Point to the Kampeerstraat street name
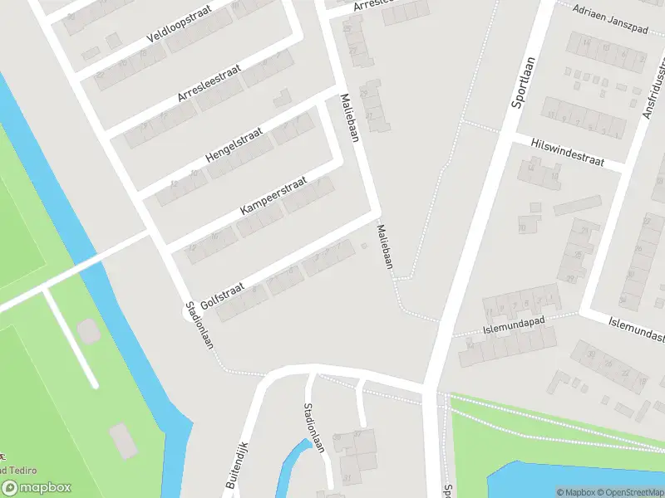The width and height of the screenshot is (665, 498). (x=273, y=197)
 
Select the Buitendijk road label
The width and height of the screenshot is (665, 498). (x=237, y=464)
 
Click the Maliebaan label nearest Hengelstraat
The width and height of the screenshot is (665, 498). (x=348, y=117)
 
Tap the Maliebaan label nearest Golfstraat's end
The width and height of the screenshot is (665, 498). (x=383, y=247)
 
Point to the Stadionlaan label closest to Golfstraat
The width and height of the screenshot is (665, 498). (x=199, y=329)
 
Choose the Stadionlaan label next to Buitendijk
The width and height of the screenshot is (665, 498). (x=314, y=427)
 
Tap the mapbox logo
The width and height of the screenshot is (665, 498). (x=37, y=488)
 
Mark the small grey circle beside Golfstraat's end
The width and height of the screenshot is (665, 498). (x=364, y=245)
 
